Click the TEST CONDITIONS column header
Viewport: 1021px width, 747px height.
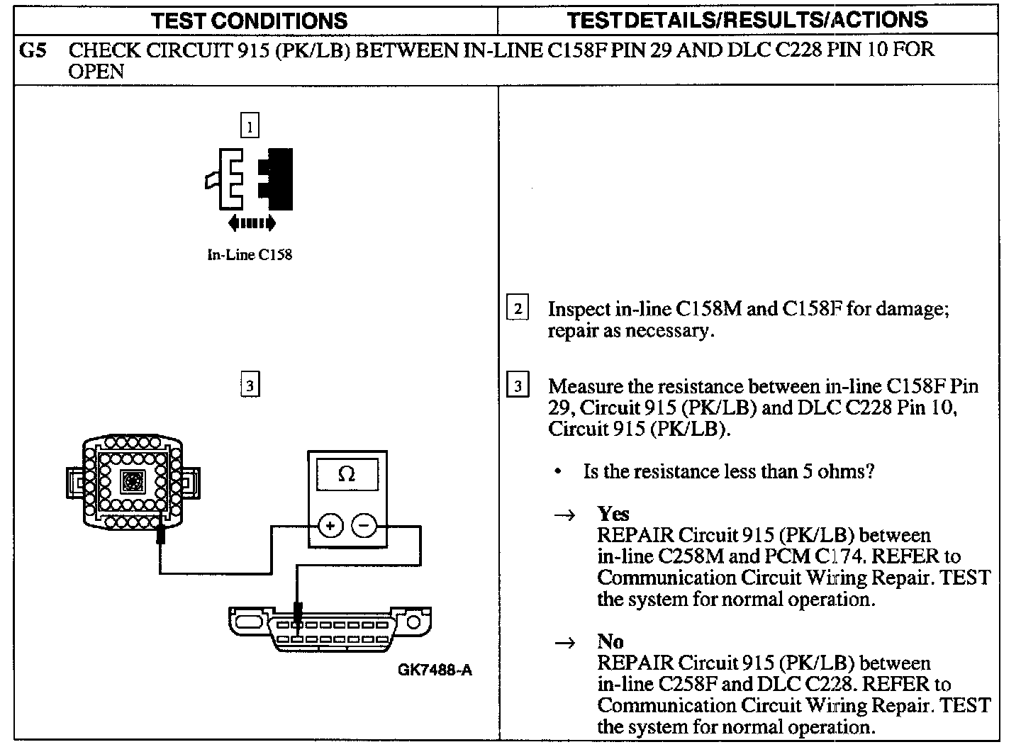(x=250, y=20)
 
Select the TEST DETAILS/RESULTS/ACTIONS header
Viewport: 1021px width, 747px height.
(x=747, y=20)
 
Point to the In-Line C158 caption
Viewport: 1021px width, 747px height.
(x=250, y=255)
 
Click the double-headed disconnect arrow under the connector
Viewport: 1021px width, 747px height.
(x=252, y=224)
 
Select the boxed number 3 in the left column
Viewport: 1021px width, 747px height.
(x=250, y=386)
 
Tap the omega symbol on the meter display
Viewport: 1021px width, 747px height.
(x=347, y=476)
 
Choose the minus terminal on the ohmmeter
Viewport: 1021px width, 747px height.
(x=364, y=526)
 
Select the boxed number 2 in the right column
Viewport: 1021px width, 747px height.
(x=518, y=309)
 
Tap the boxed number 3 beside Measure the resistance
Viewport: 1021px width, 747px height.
(x=518, y=386)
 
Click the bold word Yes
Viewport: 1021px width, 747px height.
(x=613, y=514)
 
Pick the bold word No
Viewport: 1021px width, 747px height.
(x=610, y=642)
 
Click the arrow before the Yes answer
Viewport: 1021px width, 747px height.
(x=564, y=515)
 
